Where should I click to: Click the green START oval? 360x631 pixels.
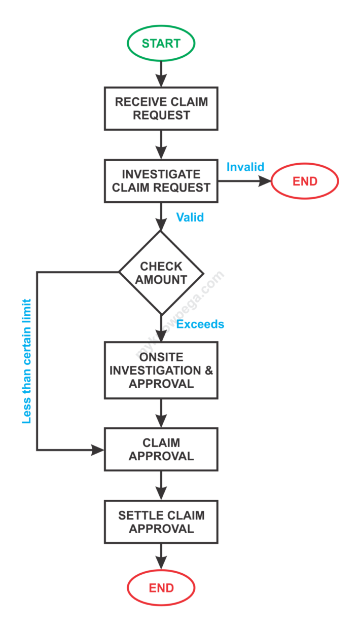pos(161,44)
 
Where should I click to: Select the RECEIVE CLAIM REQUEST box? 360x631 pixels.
pos(161,108)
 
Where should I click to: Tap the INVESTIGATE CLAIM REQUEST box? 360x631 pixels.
pos(161,181)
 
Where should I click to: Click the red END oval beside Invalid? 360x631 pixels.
pos(304,181)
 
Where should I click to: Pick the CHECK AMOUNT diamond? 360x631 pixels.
pos(161,273)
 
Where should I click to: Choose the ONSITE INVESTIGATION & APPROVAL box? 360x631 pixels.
pos(161,370)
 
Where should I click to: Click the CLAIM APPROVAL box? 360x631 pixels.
pos(161,450)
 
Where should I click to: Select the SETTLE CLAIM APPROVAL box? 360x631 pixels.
pos(161,522)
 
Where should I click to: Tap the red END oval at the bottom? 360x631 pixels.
pos(161,588)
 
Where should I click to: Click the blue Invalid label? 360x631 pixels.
pos(245,167)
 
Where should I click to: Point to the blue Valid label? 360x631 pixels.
pos(190,217)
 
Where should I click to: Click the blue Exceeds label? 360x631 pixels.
pos(201,324)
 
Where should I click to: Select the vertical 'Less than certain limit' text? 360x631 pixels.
pos(27,361)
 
